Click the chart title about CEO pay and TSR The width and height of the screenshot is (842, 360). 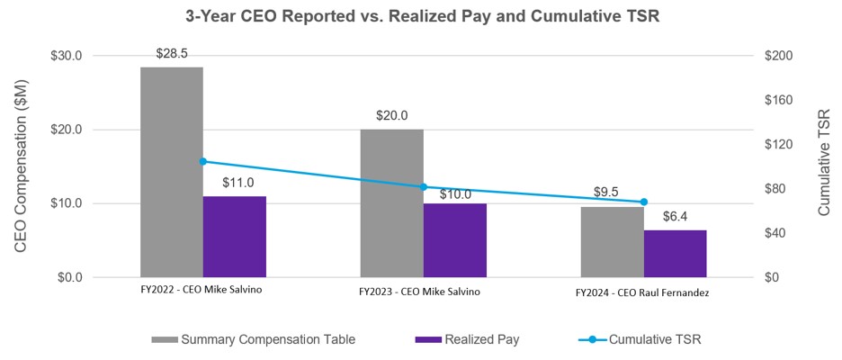click(421, 15)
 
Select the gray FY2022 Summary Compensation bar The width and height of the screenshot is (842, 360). click(171, 171)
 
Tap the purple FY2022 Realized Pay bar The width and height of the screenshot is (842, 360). click(234, 236)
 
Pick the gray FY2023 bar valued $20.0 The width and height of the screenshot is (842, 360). click(391, 202)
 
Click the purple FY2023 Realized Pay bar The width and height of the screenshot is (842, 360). click(454, 239)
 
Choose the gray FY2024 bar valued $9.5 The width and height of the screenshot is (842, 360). click(612, 241)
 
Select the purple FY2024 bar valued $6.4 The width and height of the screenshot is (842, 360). click(675, 253)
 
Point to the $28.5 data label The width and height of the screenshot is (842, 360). click(171, 54)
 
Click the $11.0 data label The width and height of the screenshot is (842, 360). click(234, 183)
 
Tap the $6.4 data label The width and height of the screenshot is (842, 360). click(675, 217)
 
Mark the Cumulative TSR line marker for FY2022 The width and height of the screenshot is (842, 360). click(203, 162)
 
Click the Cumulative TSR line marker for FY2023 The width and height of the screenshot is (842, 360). click(423, 187)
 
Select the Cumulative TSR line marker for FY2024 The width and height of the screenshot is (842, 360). click(643, 202)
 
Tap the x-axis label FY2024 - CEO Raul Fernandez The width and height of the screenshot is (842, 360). click(642, 292)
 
